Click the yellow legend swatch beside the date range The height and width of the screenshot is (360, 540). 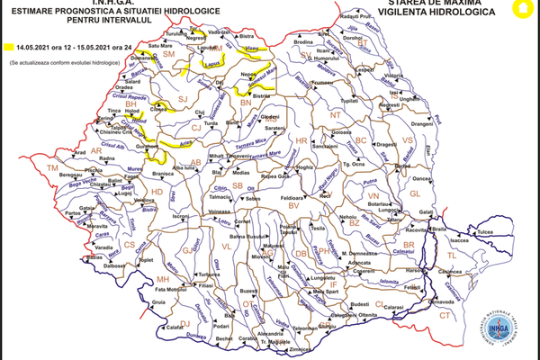[x=8, y=45]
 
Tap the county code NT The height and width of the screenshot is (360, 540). [x=336, y=115]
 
